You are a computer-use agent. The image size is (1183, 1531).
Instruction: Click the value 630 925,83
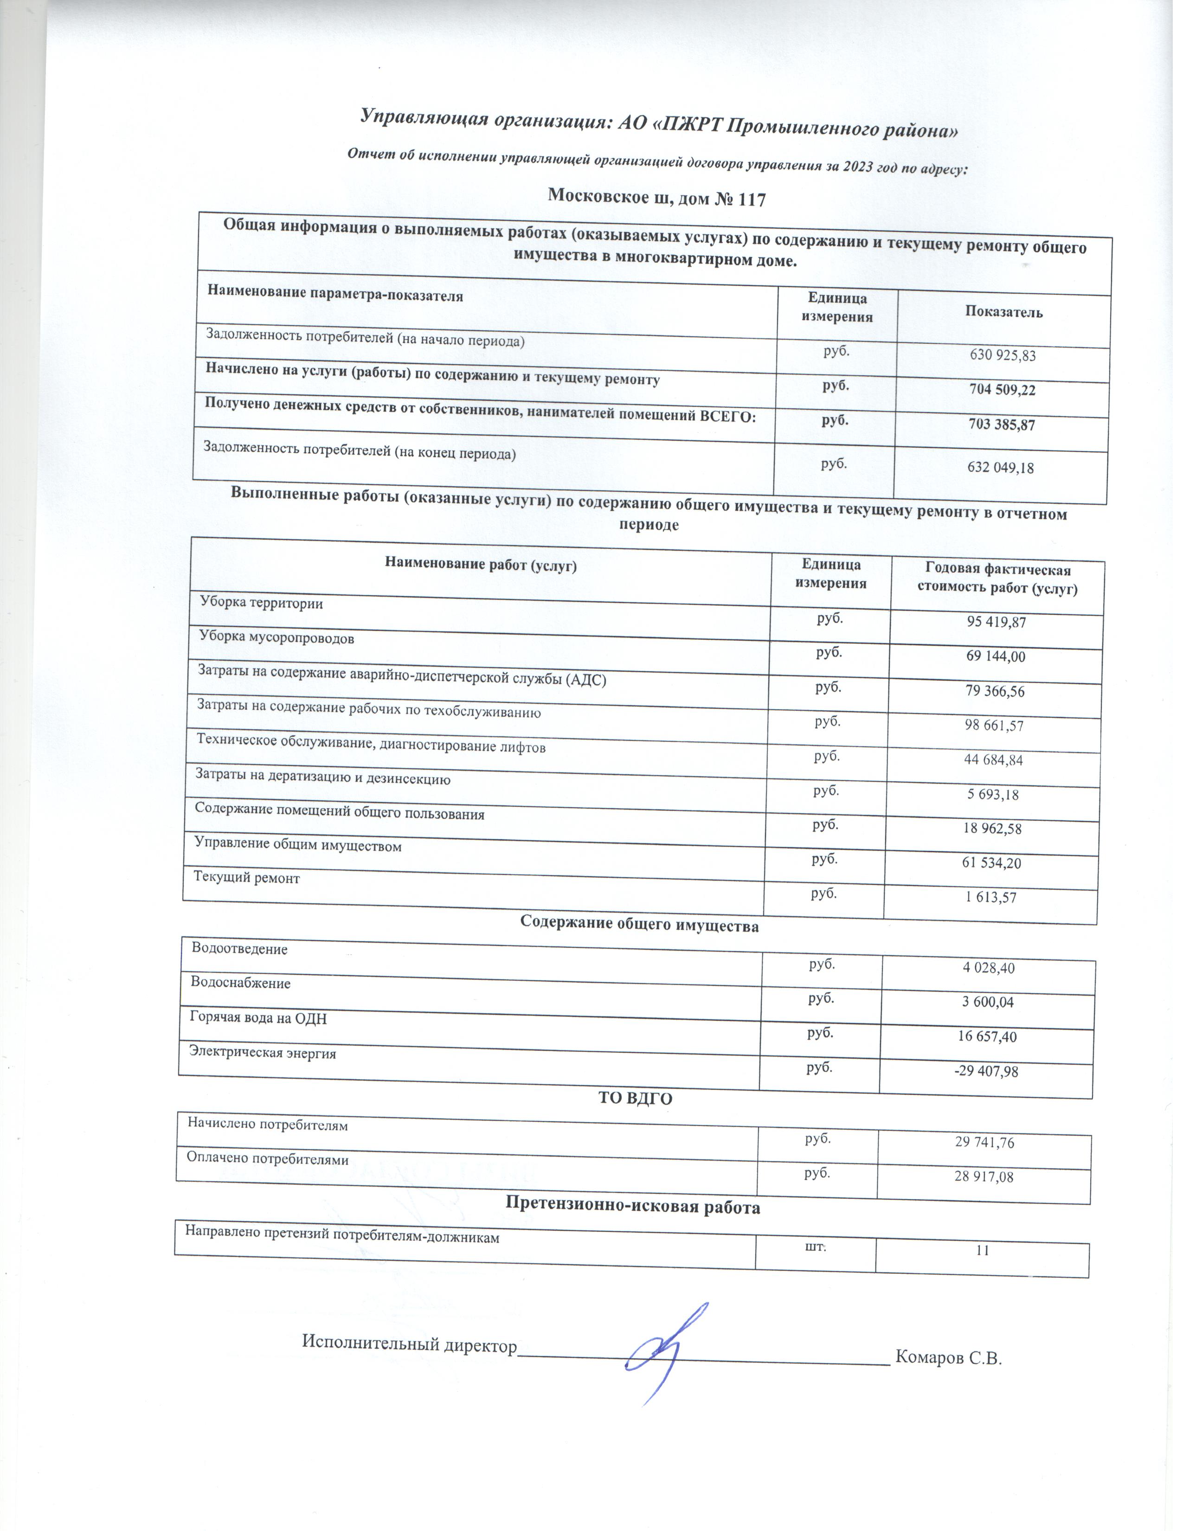(1002, 355)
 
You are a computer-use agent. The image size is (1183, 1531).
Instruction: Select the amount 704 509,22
(1002, 390)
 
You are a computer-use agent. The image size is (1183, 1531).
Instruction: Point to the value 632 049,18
(1000, 468)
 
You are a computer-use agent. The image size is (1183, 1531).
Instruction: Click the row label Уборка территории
(261, 602)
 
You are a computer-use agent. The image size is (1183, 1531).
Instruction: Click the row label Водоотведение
(240, 949)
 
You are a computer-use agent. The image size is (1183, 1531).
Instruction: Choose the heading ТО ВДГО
(635, 1099)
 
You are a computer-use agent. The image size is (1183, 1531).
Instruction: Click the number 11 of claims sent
(983, 1250)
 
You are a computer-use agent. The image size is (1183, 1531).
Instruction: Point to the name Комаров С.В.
(949, 1358)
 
